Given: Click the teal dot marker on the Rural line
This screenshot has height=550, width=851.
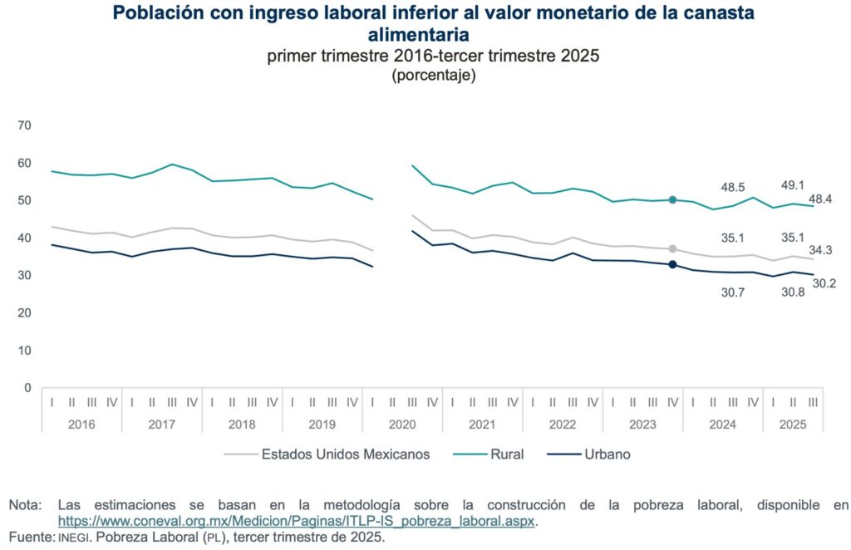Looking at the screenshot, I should (x=672, y=199).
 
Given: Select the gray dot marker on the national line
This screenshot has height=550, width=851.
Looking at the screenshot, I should (x=672, y=248).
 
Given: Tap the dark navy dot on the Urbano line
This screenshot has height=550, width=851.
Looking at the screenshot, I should (x=672, y=265).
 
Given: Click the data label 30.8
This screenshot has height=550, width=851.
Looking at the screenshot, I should (x=793, y=292).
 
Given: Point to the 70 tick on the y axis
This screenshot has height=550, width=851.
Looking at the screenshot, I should (x=24, y=125).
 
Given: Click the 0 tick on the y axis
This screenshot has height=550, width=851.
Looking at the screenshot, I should (x=27, y=388).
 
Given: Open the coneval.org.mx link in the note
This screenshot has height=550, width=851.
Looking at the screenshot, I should (x=298, y=521).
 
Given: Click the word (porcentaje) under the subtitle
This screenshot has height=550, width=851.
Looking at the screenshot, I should (x=432, y=75).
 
